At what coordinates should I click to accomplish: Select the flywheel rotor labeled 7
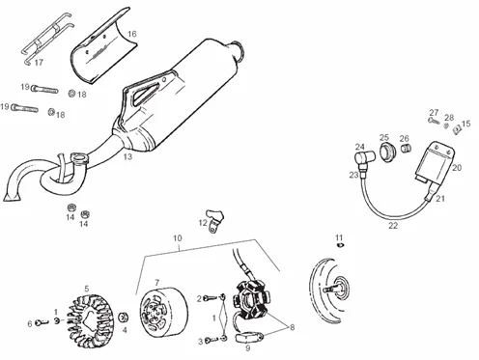click(163, 310)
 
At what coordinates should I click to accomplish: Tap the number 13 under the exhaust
click(127, 156)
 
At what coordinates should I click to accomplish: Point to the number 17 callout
click(39, 62)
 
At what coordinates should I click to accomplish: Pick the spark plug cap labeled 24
click(365, 158)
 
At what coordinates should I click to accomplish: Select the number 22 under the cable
click(393, 226)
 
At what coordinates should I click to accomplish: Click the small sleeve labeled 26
click(406, 149)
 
